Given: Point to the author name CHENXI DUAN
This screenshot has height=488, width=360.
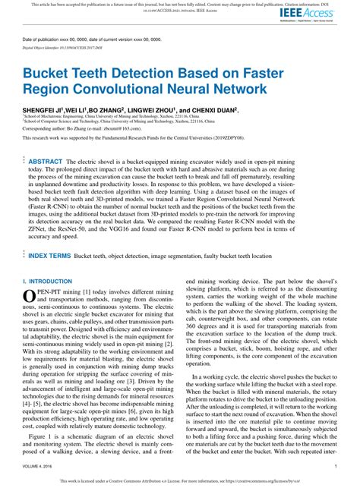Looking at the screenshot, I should (213, 110).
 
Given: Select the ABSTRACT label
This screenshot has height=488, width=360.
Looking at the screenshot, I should (46, 162).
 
